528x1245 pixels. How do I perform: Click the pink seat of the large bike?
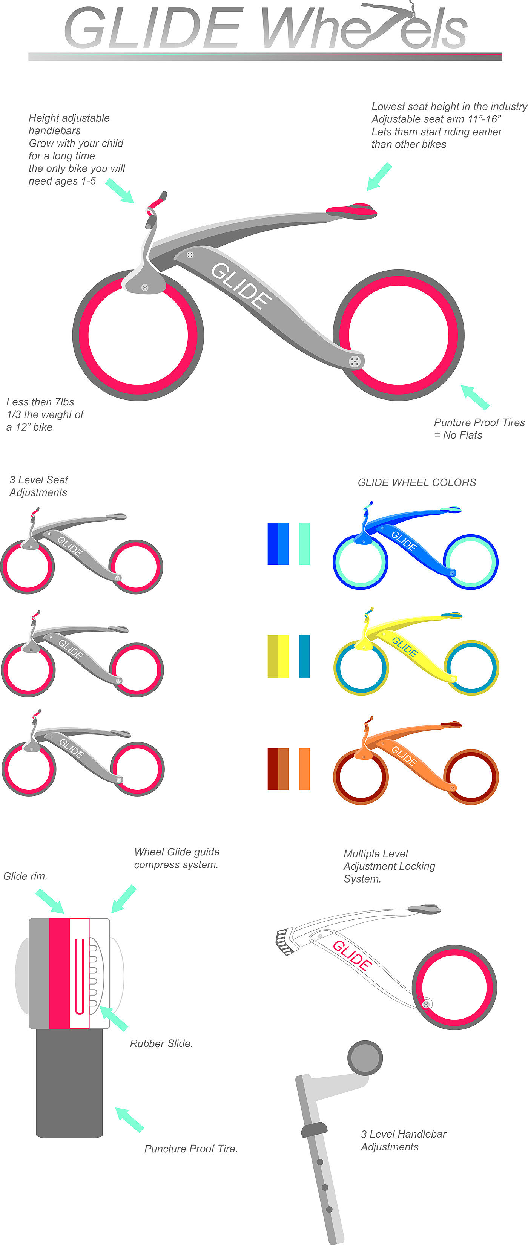coord(351,210)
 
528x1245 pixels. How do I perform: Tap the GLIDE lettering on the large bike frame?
coord(241,286)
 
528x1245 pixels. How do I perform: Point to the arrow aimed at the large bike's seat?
coord(379,176)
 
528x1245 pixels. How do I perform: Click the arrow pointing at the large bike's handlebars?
coord(120,190)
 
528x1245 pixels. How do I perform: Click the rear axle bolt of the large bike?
coord(355,361)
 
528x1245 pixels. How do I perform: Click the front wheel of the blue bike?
coord(360,562)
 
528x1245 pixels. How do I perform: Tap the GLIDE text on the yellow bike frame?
coord(404,647)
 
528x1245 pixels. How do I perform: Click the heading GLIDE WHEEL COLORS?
coord(417,482)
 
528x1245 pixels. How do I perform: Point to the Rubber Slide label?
coord(161,1043)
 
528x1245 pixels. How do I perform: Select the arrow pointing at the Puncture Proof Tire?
coord(130,1120)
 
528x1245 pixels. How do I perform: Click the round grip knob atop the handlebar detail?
coord(365,1057)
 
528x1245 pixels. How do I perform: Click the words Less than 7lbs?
coord(40,402)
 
